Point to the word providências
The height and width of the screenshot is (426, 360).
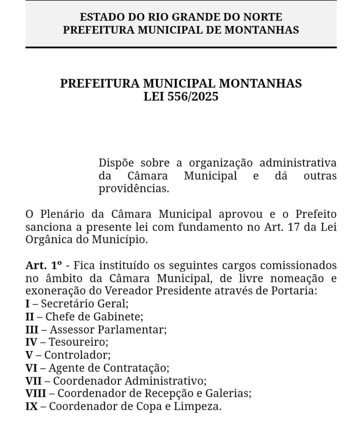click(x=134, y=188)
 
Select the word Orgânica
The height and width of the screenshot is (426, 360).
click(x=47, y=240)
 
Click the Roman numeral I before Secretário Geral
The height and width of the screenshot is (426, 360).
click(x=27, y=303)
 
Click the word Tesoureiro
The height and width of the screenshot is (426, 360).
click(x=79, y=342)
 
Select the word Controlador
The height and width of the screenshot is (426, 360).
click(x=77, y=355)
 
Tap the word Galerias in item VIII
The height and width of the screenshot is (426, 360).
click(x=231, y=394)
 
